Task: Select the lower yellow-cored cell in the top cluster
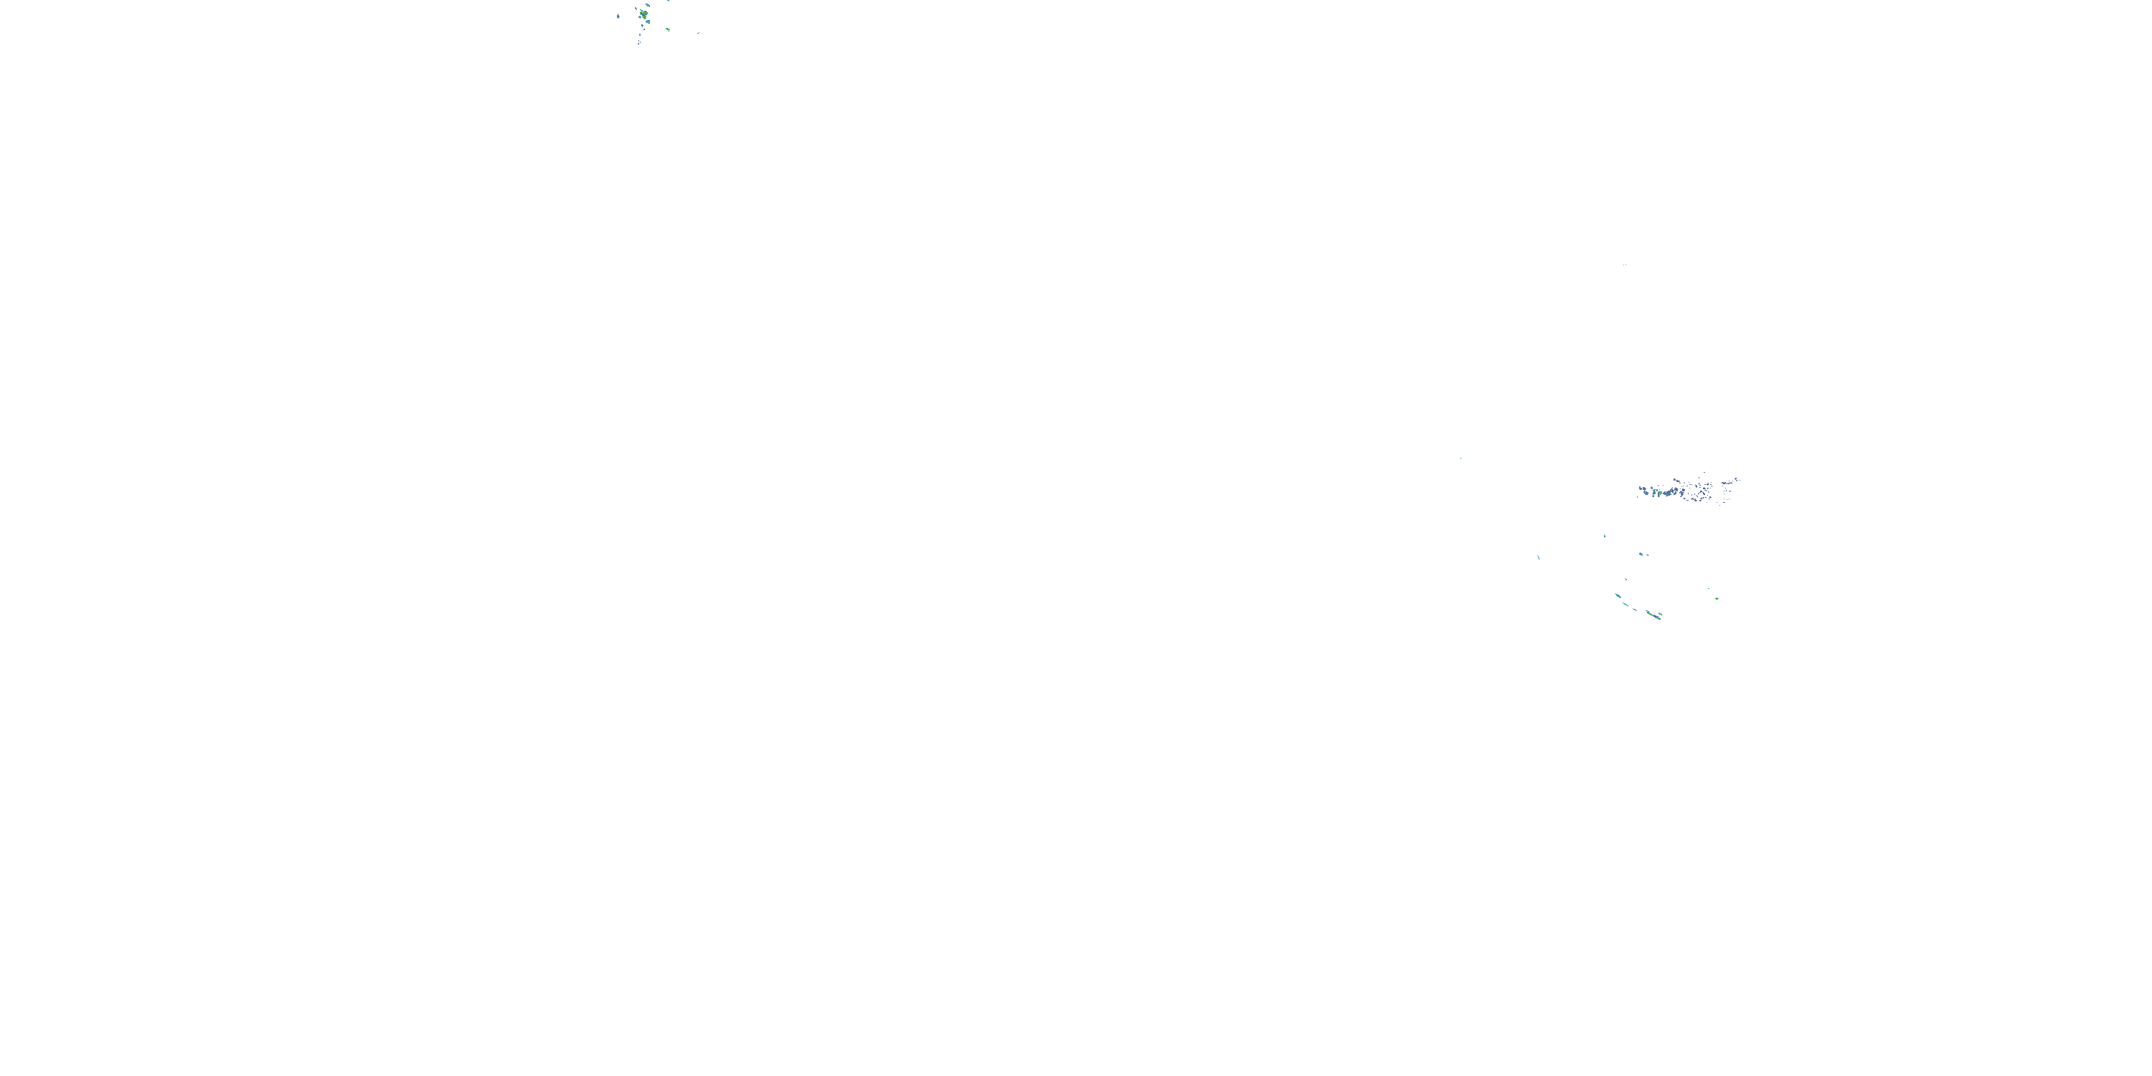[x=645, y=16]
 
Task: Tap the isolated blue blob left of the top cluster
[x=618, y=16]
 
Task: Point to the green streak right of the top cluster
[x=669, y=29]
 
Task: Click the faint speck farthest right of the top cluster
[x=699, y=34]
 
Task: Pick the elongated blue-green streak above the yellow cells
[x=648, y=5]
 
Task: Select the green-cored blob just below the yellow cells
[x=648, y=22]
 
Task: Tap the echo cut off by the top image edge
[x=669, y=1]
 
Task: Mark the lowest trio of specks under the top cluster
[x=639, y=42]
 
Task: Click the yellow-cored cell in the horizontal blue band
[x=1660, y=494]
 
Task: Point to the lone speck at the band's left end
[x=1638, y=497]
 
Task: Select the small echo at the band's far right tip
[x=1736, y=478]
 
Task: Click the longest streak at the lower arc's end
[x=1653, y=615]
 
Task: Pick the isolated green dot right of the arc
[x=1717, y=599]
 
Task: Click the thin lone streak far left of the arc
[x=1539, y=557]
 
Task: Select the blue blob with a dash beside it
[x=1641, y=554]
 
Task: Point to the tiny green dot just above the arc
[x=1626, y=579]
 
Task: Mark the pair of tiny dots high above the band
[x=1625, y=265]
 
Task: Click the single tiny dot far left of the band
[x=1460, y=458]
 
